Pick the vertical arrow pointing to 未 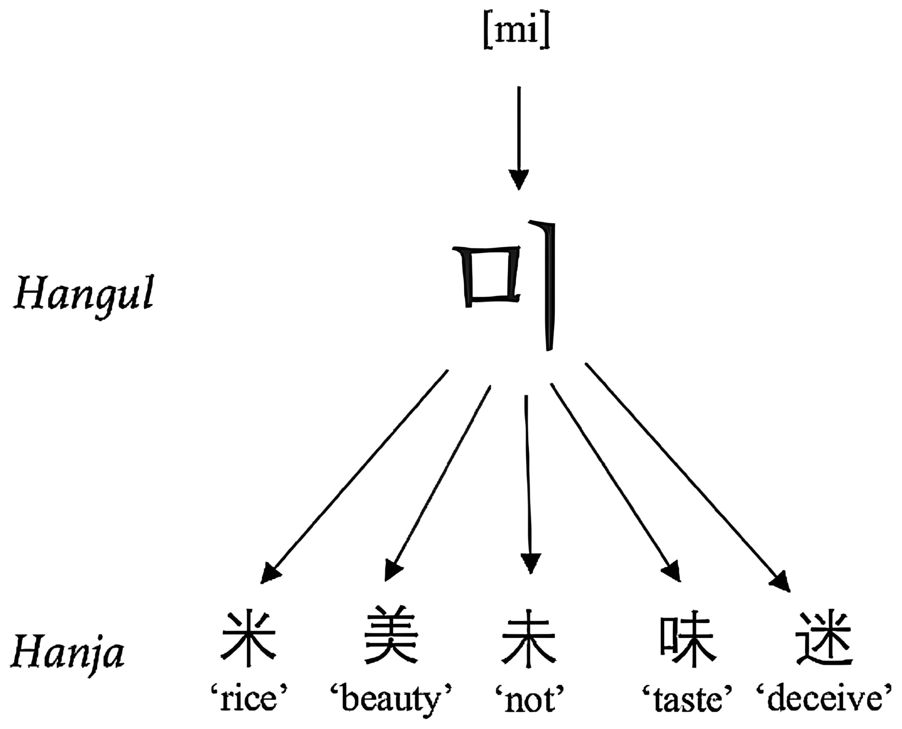point(528,483)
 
